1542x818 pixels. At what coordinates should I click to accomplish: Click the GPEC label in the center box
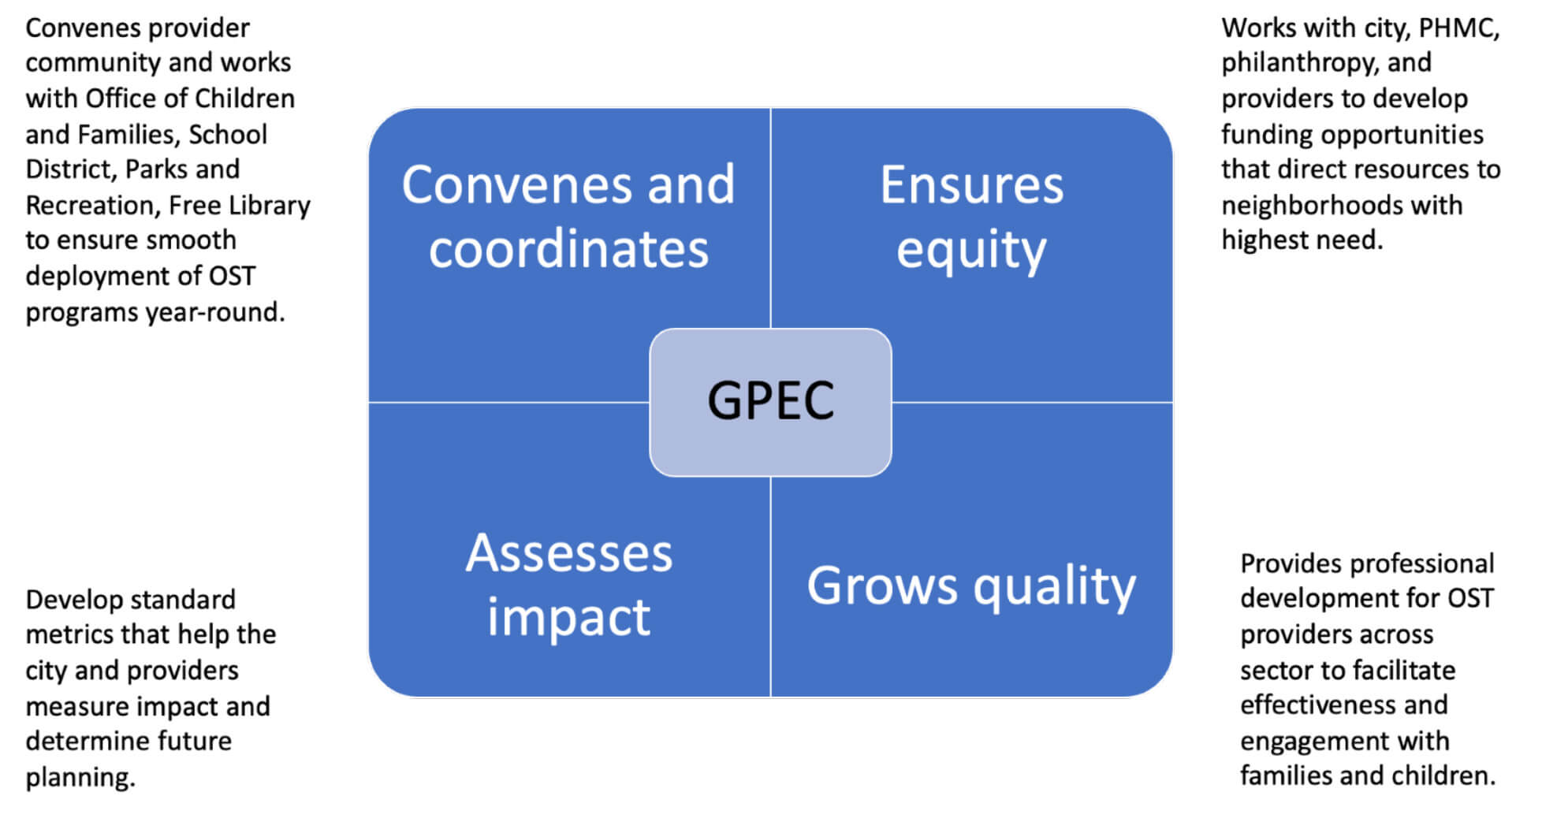[770, 400]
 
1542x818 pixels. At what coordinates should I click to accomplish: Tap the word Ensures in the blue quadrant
[971, 185]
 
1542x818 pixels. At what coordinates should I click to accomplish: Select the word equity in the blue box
[971, 251]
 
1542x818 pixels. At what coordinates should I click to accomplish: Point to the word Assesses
[568, 553]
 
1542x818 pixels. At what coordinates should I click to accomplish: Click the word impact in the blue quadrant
[568, 616]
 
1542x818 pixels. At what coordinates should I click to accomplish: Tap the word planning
[80, 778]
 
